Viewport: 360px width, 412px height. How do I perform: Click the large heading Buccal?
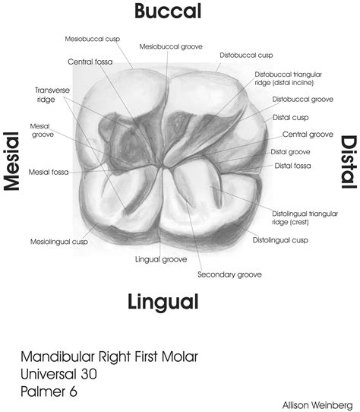click(168, 11)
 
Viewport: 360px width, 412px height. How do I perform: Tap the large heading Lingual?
click(163, 303)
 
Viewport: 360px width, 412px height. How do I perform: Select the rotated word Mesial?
click(12, 161)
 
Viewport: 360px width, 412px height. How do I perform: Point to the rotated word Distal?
click(349, 162)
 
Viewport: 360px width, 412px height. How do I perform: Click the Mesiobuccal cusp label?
click(93, 40)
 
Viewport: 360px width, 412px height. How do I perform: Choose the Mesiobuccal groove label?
click(171, 47)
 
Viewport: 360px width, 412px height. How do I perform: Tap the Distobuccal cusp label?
click(246, 55)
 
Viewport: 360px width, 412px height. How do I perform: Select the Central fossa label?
click(90, 62)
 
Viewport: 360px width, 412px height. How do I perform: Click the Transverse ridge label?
click(52, 95)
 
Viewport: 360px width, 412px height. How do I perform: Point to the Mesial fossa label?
click(49, 172)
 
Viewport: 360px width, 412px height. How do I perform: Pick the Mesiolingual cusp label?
click(59, 242)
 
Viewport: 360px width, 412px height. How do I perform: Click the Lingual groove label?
click(161, 259)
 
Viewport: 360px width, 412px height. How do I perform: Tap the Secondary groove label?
click(229, 274)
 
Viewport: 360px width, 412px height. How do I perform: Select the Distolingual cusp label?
click(280, 240)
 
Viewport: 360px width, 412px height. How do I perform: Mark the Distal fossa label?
click(292, 166)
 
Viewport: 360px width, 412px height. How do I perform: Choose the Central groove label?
click(308, 135)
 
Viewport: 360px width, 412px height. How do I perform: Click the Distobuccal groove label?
click(303, 100)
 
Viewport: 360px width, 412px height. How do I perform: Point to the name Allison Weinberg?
click(317, 405)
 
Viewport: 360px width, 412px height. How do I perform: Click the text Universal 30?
click(58, 374)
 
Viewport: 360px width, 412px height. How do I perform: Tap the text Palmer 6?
click(49, 391)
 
